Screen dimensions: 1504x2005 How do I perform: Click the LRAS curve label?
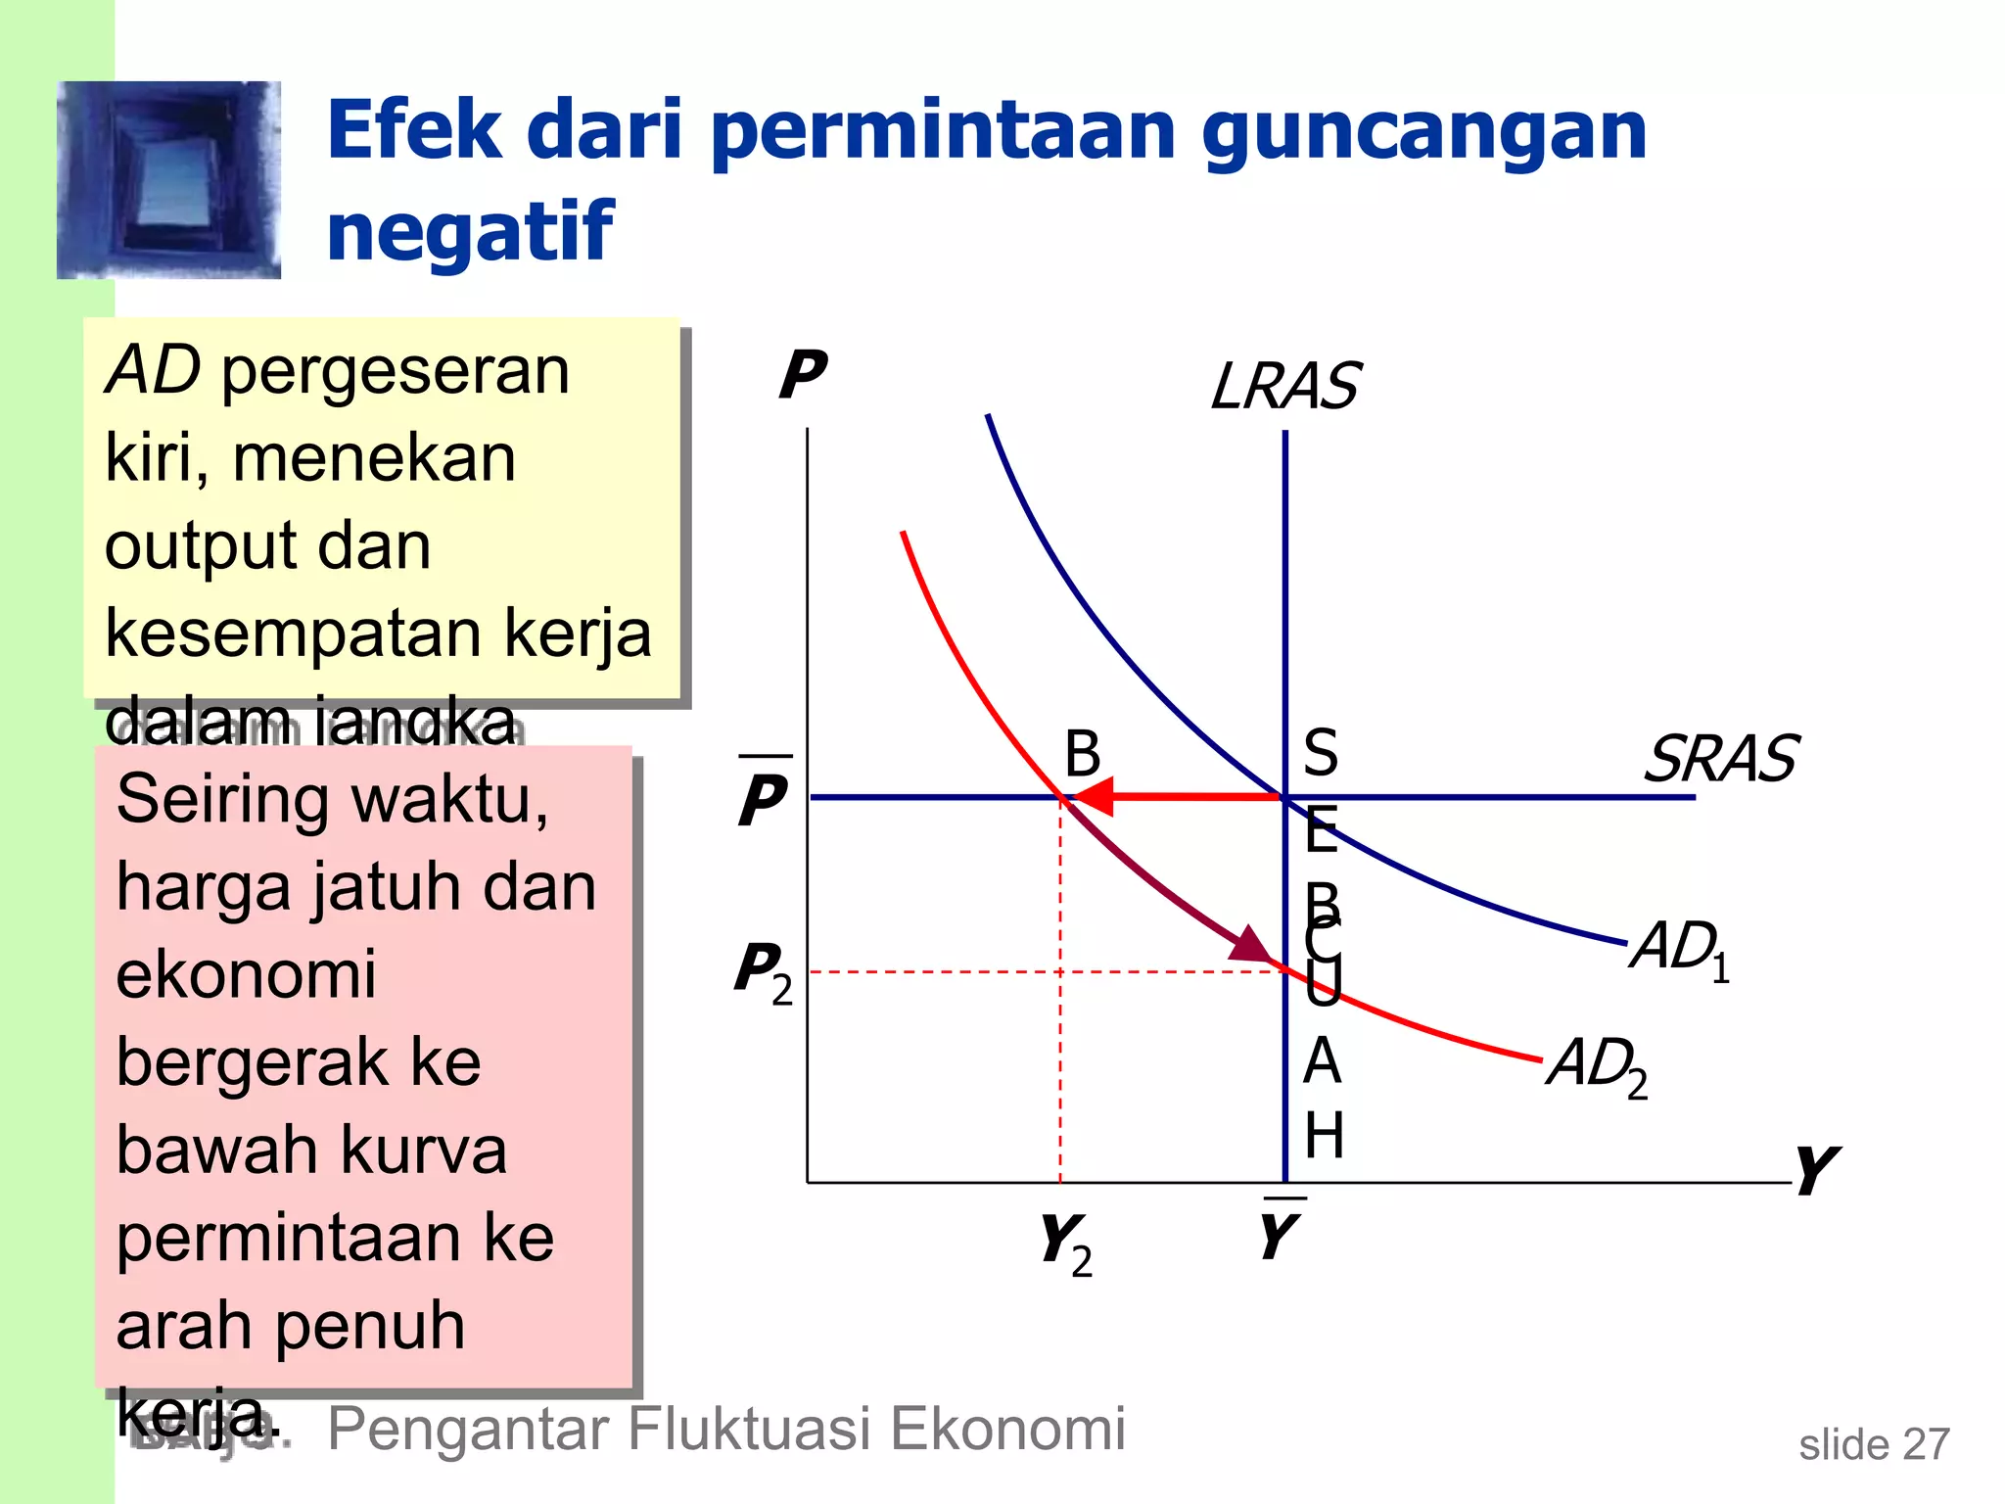(x=1284, y=386)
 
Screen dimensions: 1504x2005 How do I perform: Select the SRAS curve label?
(x=1720, y=759)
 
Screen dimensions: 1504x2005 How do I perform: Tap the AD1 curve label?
(x=1680, y=949)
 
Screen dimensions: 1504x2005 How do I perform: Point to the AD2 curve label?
(x=1598, y=1065)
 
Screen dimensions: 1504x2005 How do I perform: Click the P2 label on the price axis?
(x=763, y=971)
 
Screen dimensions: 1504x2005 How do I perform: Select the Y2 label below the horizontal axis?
(x=1065, y=1244)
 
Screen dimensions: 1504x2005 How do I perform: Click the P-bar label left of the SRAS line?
(x=764, y=795)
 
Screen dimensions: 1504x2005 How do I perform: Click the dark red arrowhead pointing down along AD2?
(x=1250, y=946)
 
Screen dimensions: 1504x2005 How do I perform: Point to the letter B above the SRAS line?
(x=1082, y=754)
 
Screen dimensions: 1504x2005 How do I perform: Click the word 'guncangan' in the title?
(x=1424, y=132)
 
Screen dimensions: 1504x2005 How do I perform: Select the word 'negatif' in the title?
(x=470, y=232)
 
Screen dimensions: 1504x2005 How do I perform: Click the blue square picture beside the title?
(x=169, y=180)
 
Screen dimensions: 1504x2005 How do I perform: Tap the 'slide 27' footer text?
(x=1874, y=1444)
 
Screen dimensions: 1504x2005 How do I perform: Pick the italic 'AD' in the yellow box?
(x=153, y=371)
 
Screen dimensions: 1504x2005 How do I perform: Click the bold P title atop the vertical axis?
(x=803, y=374)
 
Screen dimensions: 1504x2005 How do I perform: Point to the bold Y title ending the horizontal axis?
(x=1816, y=1169)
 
